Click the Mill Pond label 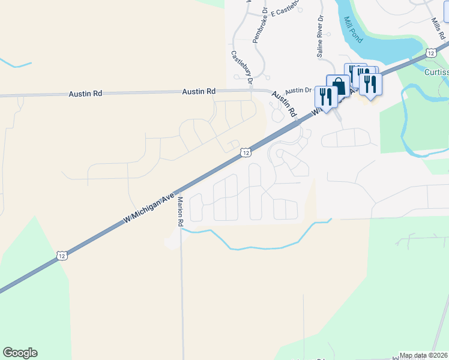[x=354, y=29]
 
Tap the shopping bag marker [x=338, y=86]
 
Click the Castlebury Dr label [x=241, y=66]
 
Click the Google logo [x=20, y=353]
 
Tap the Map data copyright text [x=424, y=355]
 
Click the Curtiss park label [x=435, y=72]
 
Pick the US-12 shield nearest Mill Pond [x=431, y=53]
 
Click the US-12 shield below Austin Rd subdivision [x=246, y=153]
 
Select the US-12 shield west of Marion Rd [x=62, y=256]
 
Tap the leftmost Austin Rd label [x=85, y=94]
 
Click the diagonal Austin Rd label [x=284, y=104]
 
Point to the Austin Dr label [x=298, y=91]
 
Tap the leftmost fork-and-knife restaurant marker [x=325, y=97]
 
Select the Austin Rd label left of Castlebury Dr [x=199, y=92]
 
